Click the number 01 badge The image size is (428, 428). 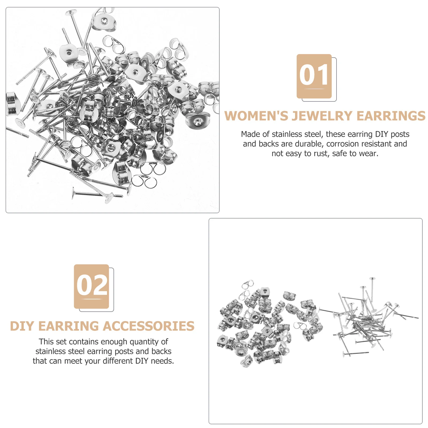pyautogui.click(x=314, y=76)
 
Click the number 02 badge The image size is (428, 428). pyautogui.click(x=91, y=286)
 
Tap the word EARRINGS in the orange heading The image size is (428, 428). pyautogui.click(x=391, y=116)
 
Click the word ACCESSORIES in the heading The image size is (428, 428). pyautogui.click(x=148, y=326)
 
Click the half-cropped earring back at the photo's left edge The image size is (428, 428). pyautogui.click(x=11, y=103)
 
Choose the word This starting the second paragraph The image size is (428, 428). pyautogui.click(x=46, y=342)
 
